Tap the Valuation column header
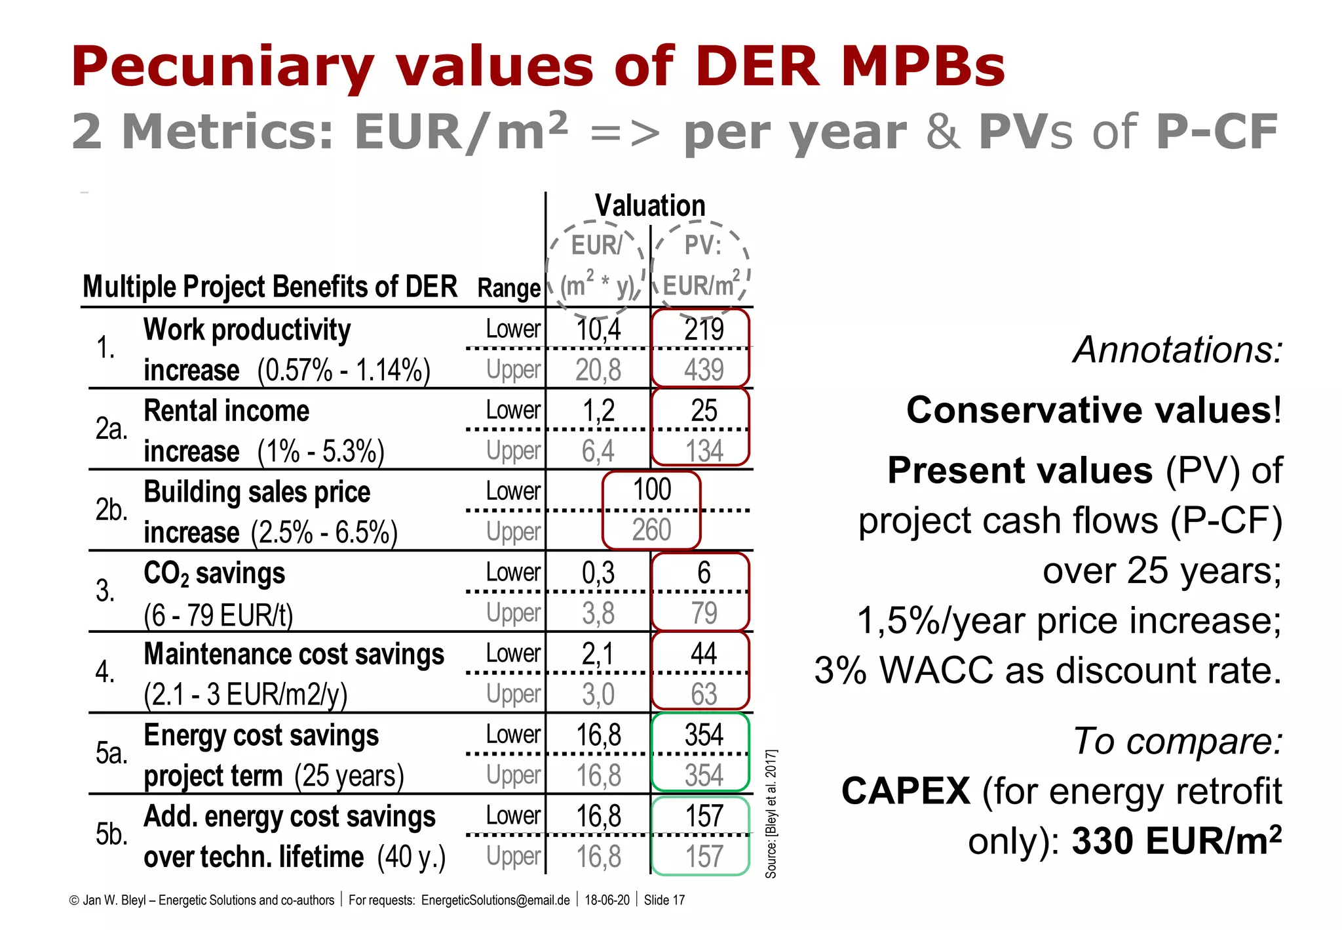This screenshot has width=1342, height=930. [x=649, y=206]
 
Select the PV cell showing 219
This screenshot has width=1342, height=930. [x=703, y=329]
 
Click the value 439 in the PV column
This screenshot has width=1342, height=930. [x=703, y=370]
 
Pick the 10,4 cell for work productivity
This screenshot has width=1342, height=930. [x=598, y=329]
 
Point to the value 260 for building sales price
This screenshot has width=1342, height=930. [x=651, y=530]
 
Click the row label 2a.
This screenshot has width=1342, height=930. [x=111, y=429]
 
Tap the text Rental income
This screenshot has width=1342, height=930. [x=226, y=411]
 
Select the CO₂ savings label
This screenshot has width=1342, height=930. [x=214, y=574]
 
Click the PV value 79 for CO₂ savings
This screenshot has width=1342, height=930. [x=703, y=613]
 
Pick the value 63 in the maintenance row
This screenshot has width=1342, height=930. [x=703, y=695]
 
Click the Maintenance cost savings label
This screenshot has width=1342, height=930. [x=294, y=655]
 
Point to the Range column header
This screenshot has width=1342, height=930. [x=508, y=288]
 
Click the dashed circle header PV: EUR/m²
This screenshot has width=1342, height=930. [x=700, y=266]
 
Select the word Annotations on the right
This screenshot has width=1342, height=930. [x=1177, y=350]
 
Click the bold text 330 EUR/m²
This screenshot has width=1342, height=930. [x=1176, y=841]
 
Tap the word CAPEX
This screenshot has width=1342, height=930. [x=905, y=791]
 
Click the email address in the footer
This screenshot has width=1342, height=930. [x=495, y=900]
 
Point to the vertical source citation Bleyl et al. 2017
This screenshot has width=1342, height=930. [x=771, y=813]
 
